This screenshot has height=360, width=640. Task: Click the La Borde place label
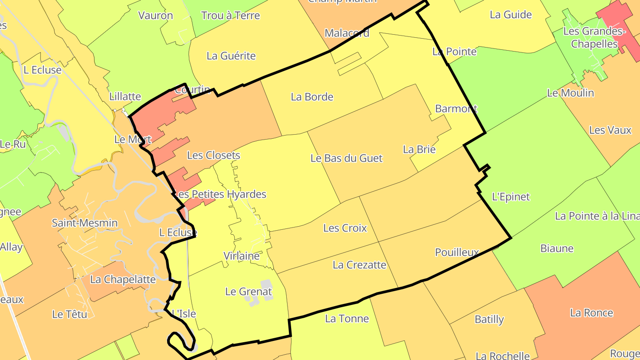(x=312, y=97)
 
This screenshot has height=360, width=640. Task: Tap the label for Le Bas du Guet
(x=346, y=158)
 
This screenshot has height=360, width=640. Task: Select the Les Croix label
(x=345, y=228)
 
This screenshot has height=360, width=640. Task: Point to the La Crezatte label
(x=359, y=265)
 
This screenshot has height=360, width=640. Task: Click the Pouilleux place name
(x=457, y=252)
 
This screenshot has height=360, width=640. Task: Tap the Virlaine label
(x=241, y=256)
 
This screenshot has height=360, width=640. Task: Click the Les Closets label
(x=213, y=155)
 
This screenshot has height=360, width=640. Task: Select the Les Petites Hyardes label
(x=220, y=194)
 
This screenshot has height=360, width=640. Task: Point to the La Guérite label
(x=231, y=56)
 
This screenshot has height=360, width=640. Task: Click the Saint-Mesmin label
(x=84, y=223)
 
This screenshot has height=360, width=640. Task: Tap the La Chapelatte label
(x=123, y=280)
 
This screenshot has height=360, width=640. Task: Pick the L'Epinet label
(x=511, y=196)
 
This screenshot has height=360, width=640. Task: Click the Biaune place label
(x=557, y=248)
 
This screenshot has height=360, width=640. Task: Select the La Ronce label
(x=591, y=313)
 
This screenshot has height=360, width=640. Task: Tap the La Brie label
(x=419, y=149)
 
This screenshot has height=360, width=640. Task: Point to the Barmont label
(x=456, y=108)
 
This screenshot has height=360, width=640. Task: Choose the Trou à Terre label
(x=230, y=16)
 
